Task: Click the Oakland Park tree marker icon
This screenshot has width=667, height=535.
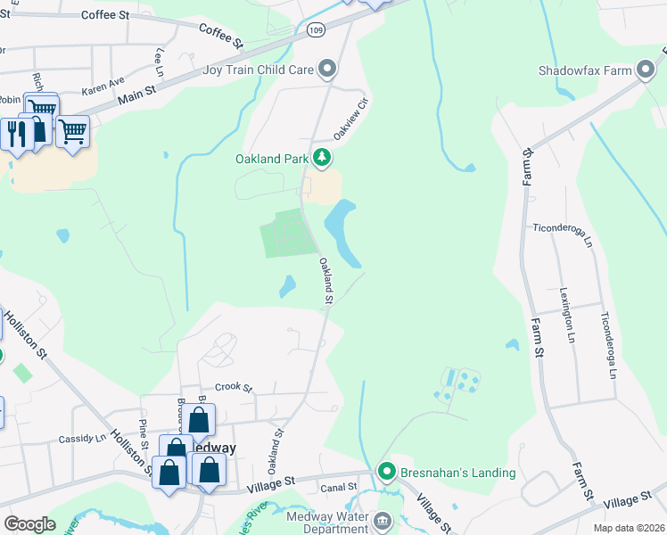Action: click(x=322, y=159)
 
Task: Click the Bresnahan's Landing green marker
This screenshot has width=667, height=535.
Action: click(x=386, y=472)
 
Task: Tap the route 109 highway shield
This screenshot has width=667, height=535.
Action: click(x=316, y=30)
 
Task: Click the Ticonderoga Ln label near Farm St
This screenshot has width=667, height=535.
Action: click(x=562, y=234)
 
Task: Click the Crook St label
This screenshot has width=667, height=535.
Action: click(x=235, y=388)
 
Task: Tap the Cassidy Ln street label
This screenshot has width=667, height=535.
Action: click(x=82, y=439)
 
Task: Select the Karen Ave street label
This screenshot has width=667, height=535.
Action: click(x=103, y=86)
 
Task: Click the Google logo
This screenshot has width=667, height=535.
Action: click(x=29, y=524)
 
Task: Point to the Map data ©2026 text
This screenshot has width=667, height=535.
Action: click(x=629, y=528)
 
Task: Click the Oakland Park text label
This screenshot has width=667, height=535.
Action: click(x=271, y=160)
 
